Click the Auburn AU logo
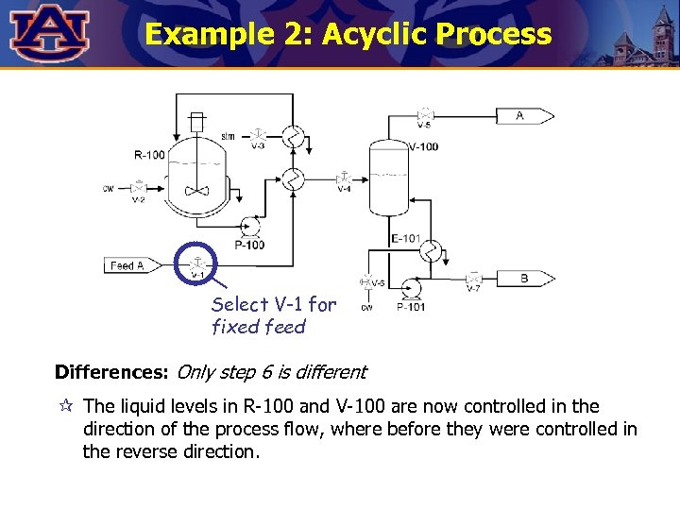click(x=50, y=33)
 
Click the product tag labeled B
click(x=525, y=278)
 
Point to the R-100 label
click(x=149, y=155)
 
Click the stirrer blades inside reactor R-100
click(x=197, y=191)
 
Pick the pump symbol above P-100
click(x=251, y=227)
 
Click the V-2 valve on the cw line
click(x=139, y=188)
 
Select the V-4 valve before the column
click(x=345, y=178)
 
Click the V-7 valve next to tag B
click(x=474, y=278)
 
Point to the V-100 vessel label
click(x=423, y=147)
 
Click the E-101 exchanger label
click(x=406, y=238)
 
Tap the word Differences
click(x=111, y=372)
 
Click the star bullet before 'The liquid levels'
click(x=65, y=407)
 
